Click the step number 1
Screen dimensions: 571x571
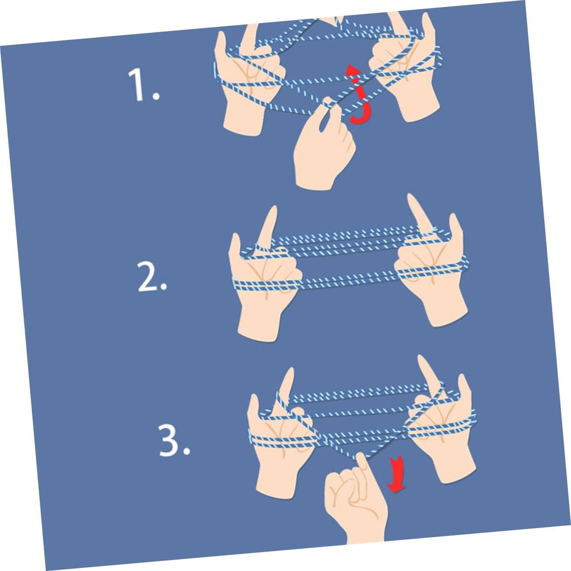tap(143, 86)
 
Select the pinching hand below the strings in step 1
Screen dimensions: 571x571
tap(324, 144)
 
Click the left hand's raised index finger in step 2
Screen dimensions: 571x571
tap(268, 228)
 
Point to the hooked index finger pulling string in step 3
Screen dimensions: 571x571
tap(363, 468)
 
